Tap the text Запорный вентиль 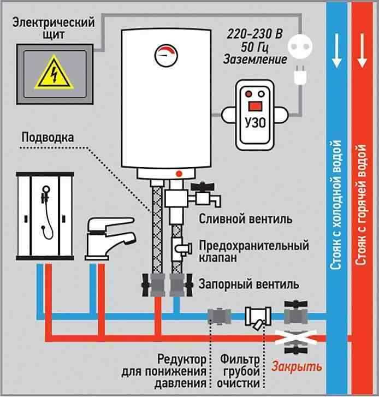pyautogui.click(x=249, y=285)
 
